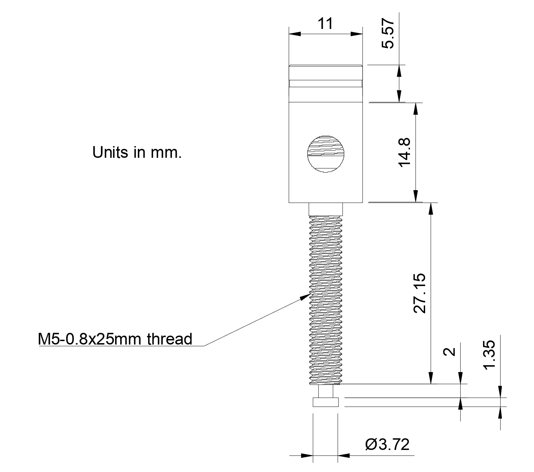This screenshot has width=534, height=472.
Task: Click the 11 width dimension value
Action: point(325,24)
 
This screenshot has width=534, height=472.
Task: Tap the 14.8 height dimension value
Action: point(404,152)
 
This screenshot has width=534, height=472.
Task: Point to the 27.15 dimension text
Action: point(420,293)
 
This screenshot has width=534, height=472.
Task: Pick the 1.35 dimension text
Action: point(489,355)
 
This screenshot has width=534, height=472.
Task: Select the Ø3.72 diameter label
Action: point(387,444)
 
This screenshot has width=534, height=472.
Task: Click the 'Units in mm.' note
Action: point(137,152)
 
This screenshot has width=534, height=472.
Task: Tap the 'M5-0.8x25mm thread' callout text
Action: point(115,339)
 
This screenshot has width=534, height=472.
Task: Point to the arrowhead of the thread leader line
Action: point(306,296)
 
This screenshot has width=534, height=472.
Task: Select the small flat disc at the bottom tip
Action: point(326,402)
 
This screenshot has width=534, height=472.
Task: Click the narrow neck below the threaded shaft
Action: point(326,391)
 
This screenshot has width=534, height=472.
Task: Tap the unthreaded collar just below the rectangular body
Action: point(326,209)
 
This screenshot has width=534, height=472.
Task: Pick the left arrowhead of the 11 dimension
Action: point(295,34)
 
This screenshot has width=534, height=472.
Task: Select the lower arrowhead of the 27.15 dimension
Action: point(430,378)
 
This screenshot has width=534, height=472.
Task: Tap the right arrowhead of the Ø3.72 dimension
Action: point(343,455)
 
